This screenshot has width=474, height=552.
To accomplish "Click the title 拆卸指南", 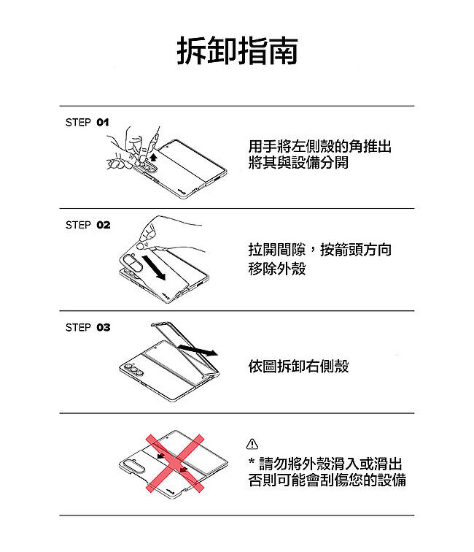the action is (237, 50).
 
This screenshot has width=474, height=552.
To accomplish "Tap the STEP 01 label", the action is (88, 123).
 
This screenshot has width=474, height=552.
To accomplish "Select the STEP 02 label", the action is (88, 225).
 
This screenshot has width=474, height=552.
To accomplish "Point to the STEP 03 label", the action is (88, 327).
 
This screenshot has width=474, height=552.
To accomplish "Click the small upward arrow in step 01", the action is (153, 156).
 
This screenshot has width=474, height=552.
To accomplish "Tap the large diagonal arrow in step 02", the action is (154, 268).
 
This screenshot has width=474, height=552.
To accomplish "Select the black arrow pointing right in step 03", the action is (198, 350).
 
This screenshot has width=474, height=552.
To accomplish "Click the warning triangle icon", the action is (252, 444).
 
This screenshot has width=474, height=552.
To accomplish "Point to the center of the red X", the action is (175, 463).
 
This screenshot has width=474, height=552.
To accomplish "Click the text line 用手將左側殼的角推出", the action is (319, 146).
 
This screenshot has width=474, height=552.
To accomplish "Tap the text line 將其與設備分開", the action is (298, 162).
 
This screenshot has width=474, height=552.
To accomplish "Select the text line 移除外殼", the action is (277, 269).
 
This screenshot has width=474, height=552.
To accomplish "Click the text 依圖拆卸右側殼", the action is (298, 366).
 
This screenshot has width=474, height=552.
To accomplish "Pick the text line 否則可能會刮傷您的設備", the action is (327, 480).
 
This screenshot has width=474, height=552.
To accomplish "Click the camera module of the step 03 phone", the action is (133, 369).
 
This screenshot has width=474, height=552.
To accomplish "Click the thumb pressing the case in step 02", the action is (143, 245).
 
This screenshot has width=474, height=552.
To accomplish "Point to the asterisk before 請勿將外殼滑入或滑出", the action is (252, 461).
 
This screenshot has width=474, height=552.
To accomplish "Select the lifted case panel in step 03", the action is (185, 347).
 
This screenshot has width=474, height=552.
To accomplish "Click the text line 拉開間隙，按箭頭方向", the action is (319, 250).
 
